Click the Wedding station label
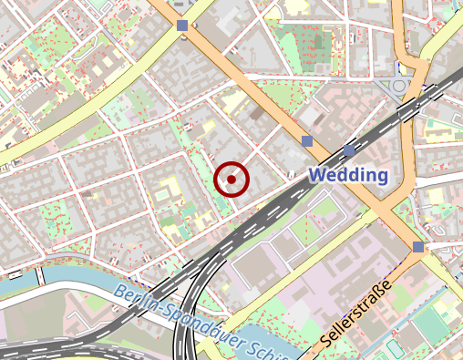click(349, 175)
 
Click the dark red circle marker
click(231, 180)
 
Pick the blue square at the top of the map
click(182, 26)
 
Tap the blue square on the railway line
click(350, 150)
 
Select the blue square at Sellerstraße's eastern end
click(417, 247)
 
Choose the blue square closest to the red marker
click(307, 141)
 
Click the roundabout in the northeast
click(399, 87)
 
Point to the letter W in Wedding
click(318, 175)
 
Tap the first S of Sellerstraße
click(326, 345)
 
